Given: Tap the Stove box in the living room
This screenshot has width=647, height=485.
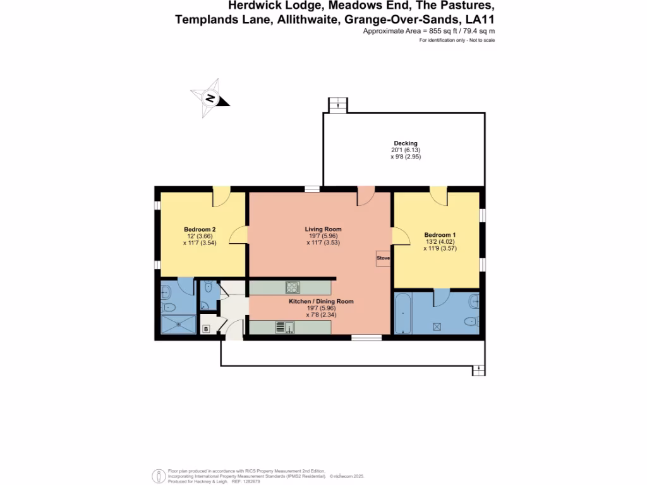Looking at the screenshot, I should pyautogui.click(x=383, y=258).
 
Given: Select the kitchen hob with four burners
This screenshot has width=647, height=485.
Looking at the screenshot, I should pyautogui.click(x=293, y=287).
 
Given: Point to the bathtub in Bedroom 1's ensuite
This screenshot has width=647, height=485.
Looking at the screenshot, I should pyautogui.click(x=403, y=313).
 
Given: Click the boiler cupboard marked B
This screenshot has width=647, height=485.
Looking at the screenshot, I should pyautogui.click(x=206, y=328).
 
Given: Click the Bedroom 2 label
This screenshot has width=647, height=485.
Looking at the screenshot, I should pyautogui.click(x=200, y=229).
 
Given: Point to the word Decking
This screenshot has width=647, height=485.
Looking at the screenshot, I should pyautogui.click(x=405, y=143).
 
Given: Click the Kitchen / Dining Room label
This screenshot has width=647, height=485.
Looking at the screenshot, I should pyautogui.click(x=321, y=302).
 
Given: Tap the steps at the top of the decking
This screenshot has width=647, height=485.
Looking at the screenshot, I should pyautogui.click(x=339, y=105).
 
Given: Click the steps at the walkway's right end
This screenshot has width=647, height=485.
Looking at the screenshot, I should pyautogui.click(x=479, y=370).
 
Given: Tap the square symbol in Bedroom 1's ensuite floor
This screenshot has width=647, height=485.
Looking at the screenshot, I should pyautogui.click(x=436, y=326).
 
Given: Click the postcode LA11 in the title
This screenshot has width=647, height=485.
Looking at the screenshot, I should pyautogui.click(x=480, y=20).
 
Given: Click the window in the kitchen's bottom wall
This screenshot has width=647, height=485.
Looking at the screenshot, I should pyautogui.click(x=366, y=338).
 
